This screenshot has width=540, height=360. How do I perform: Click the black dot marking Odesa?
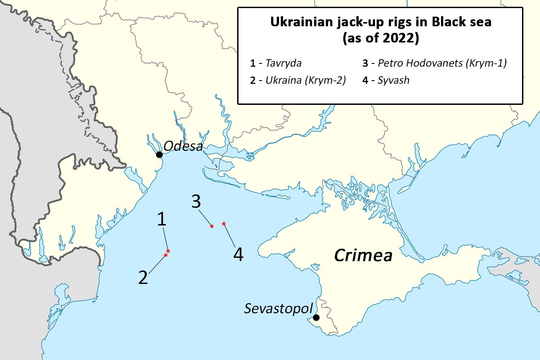coord(159,155)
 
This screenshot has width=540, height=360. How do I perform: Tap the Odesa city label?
coord(184,146)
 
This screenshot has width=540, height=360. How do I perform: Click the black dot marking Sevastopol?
coord(316,318)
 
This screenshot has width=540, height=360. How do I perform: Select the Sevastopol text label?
coord(278,309)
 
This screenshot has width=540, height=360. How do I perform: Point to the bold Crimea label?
coord(363,256)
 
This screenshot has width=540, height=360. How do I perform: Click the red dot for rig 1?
coord(168,251)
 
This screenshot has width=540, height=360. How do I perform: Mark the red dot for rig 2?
coord(166,255)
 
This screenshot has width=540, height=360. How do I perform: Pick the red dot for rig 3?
coord(211,226)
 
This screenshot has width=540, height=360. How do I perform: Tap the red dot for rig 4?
coord(224,223)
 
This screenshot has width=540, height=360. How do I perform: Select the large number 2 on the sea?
coord(143,278)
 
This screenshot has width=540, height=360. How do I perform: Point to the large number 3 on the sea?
coord(196,202)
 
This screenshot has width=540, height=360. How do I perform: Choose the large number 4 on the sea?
coord(238,255)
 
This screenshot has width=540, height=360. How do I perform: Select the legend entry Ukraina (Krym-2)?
coord(306,81)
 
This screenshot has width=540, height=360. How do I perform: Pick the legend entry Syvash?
coord(394,81)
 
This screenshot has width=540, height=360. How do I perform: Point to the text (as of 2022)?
coord(380,38)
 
